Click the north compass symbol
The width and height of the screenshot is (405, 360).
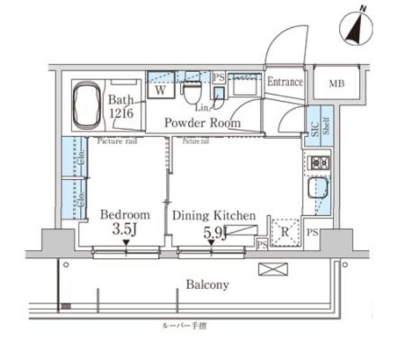tap(355, 27)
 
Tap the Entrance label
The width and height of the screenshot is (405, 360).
tap(285, 82)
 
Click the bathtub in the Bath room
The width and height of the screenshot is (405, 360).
tap(87, 106)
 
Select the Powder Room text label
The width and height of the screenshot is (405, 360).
tap(202, 123)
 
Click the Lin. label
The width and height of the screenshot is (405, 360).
tap(203, 108)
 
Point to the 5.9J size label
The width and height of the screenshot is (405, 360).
tap(215, 233)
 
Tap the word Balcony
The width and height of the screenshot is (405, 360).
tap(207, 285)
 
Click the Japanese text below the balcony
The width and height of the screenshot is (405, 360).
tap(193, 327)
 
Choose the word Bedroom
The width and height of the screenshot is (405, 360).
tap(125, 214)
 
